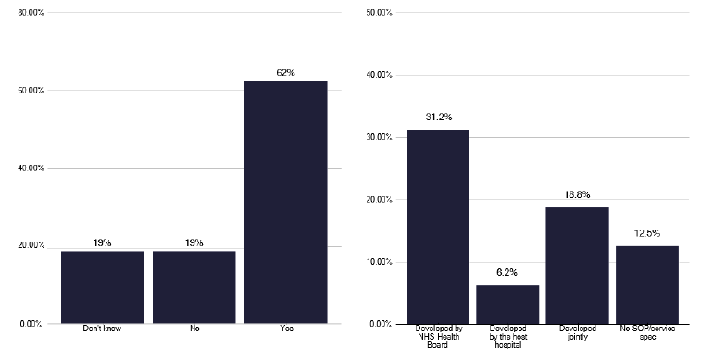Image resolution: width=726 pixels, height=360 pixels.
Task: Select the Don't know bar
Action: pos(102,287)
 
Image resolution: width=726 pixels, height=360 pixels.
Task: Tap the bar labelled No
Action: pos(194,287)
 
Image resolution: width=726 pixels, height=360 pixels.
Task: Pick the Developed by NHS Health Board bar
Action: pos(437,227)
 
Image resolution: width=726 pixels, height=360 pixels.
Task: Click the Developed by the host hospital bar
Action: pos(507,304)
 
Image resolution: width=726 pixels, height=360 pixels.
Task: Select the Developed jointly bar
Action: pos(577,266)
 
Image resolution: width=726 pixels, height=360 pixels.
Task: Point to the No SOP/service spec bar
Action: pos(646,285)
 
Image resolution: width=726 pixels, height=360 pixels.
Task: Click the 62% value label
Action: pos(285,72)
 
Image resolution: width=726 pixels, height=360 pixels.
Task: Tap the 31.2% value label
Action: pos(437,118)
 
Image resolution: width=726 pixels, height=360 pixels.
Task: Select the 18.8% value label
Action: pos(577,195)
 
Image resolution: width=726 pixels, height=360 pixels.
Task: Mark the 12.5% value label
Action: pos(646,234)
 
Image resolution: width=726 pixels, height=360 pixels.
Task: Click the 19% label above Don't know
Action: pos(102,242)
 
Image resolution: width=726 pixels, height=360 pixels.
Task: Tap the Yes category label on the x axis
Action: pos(285,329)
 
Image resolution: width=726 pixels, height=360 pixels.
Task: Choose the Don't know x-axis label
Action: pos(102,329)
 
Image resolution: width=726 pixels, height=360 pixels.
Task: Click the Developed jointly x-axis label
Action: pos(577,332)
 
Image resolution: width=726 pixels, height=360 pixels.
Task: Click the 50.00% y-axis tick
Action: pos(379,13)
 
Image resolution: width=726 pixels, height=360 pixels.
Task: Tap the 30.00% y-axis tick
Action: pos(379,137)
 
